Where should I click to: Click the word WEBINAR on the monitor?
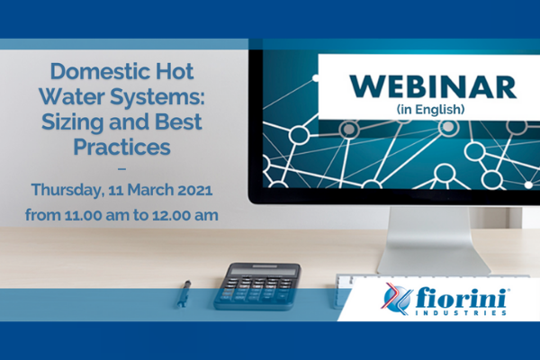tap(433, 86)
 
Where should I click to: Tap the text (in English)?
tap(430, 110)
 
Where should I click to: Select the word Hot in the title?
tap(175, 71)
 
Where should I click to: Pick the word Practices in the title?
tap(121, 147)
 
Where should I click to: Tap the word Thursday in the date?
tap(67, 190)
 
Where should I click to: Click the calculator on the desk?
tap(257, 286)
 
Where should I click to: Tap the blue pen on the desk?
tap(184, 293)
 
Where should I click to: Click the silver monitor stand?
tap(433, 241)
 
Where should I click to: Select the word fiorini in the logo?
tap(461, 298)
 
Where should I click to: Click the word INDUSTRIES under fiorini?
tap(461, 313)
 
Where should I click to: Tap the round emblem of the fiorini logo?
tap(397, 298)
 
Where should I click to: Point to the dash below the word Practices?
tap(121, 169)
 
